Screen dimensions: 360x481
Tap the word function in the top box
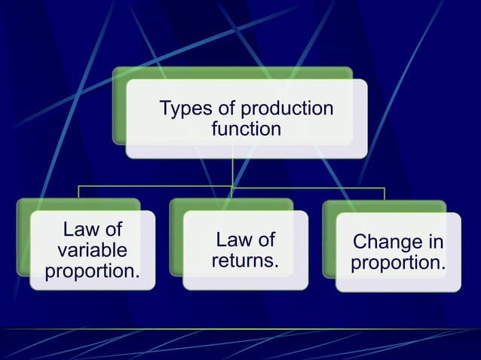tap(246, 130)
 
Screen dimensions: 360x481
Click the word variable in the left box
tap(92, 250)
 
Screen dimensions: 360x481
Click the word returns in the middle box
tap(244, 261)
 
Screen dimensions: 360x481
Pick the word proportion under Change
tap(397, 264)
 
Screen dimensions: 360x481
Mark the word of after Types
tap(225, 109)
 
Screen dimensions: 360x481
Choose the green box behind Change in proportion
tap(329, 241)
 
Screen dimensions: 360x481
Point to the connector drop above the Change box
tap(385, 193)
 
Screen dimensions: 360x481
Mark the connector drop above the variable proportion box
tap(78, 193)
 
